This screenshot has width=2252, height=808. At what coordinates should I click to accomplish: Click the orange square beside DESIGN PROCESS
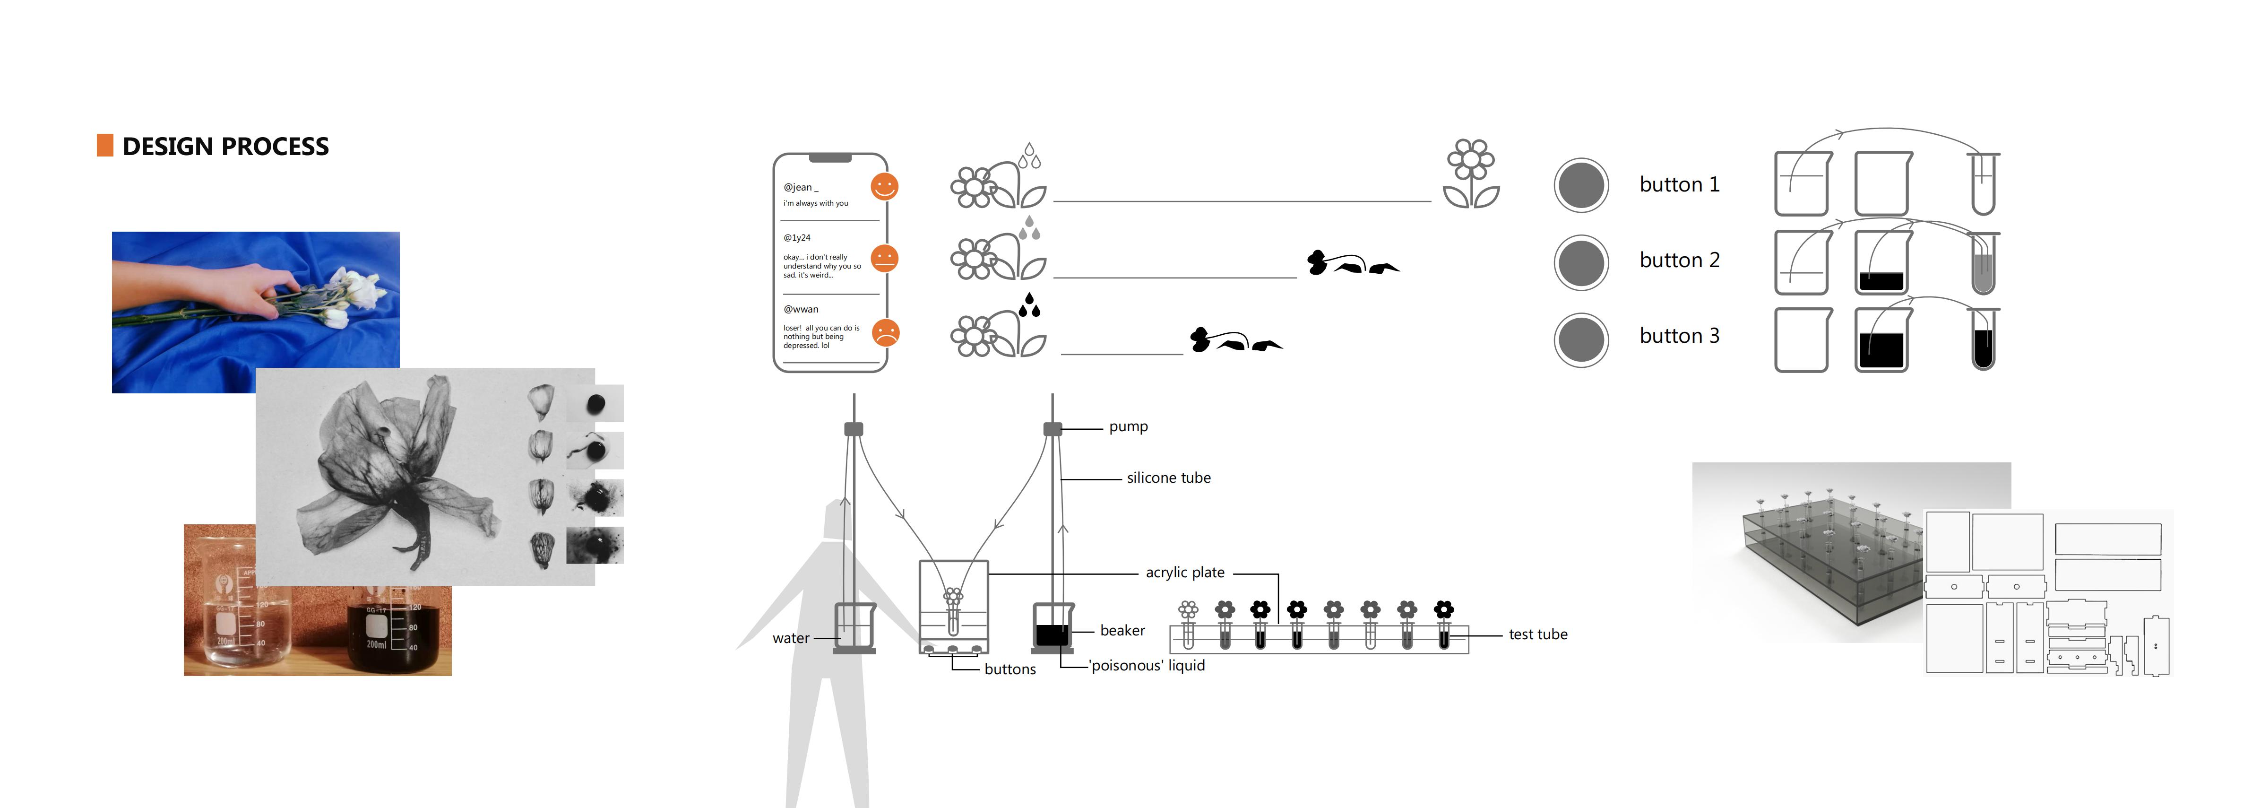click(x=105, y=145)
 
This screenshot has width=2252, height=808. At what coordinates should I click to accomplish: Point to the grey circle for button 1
click(x=1580, y=185)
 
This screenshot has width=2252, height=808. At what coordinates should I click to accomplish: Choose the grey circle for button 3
click(x=1580, y=339)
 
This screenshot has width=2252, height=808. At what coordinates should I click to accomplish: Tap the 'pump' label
click(x=1128, y=427)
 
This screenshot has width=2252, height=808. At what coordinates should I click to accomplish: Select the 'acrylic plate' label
click(x=1184, y=573)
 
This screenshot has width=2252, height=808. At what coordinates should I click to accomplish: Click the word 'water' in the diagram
click(x=790, y=638)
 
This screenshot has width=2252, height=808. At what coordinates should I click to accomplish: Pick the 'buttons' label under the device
click(x=1010, y=669)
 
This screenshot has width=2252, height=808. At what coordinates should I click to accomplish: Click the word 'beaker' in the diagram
click(x=1122, y=631)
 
